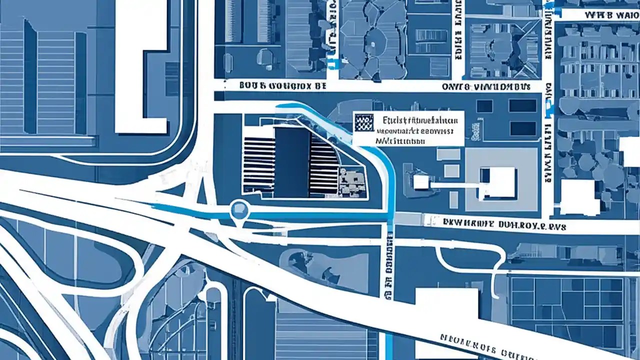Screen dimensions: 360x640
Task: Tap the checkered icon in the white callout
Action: point(363,122)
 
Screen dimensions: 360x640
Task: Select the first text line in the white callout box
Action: point(418,120)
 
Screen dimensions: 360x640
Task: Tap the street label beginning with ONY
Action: point(485,86)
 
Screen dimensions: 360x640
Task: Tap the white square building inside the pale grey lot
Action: point(497,182)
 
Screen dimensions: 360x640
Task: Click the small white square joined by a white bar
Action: point(421,182)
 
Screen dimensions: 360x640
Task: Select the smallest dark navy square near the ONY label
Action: point(484,106)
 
